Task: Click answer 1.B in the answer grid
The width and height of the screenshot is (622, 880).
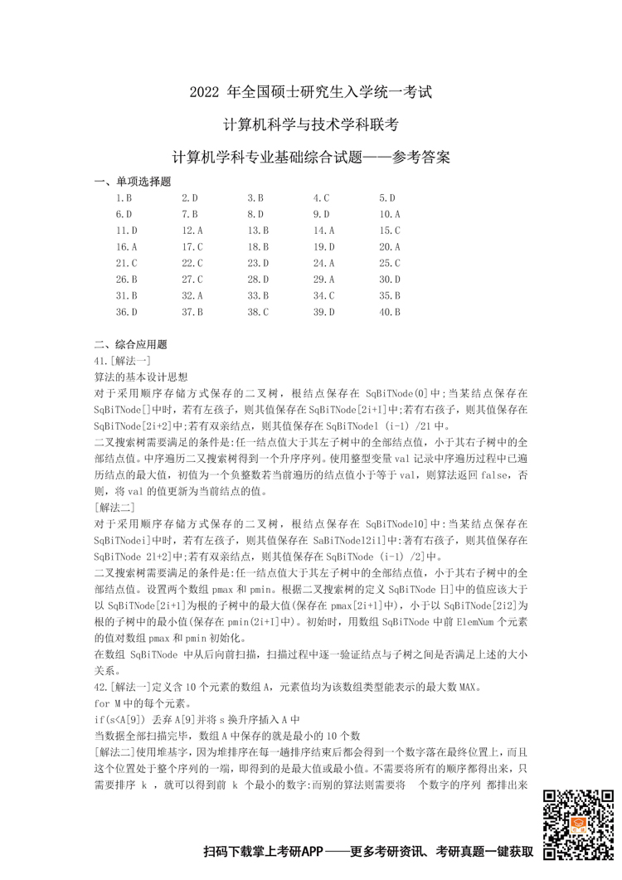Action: coord(124,198)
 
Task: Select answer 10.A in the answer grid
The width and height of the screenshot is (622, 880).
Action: coord(390,214)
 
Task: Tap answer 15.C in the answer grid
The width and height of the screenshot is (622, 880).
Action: coord(390,231)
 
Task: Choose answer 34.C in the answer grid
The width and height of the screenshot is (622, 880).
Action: coord(323,295)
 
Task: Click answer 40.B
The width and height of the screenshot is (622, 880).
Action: coord(390,312)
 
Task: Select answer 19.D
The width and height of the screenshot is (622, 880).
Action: coord(323,247)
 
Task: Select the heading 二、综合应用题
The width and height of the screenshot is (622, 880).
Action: coord(133,344)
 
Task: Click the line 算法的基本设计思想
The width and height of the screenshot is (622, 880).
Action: coord(142,377)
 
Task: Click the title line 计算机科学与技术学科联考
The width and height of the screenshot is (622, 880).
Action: coord(311,124)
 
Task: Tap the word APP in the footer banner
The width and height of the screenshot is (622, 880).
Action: coord(310,853)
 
